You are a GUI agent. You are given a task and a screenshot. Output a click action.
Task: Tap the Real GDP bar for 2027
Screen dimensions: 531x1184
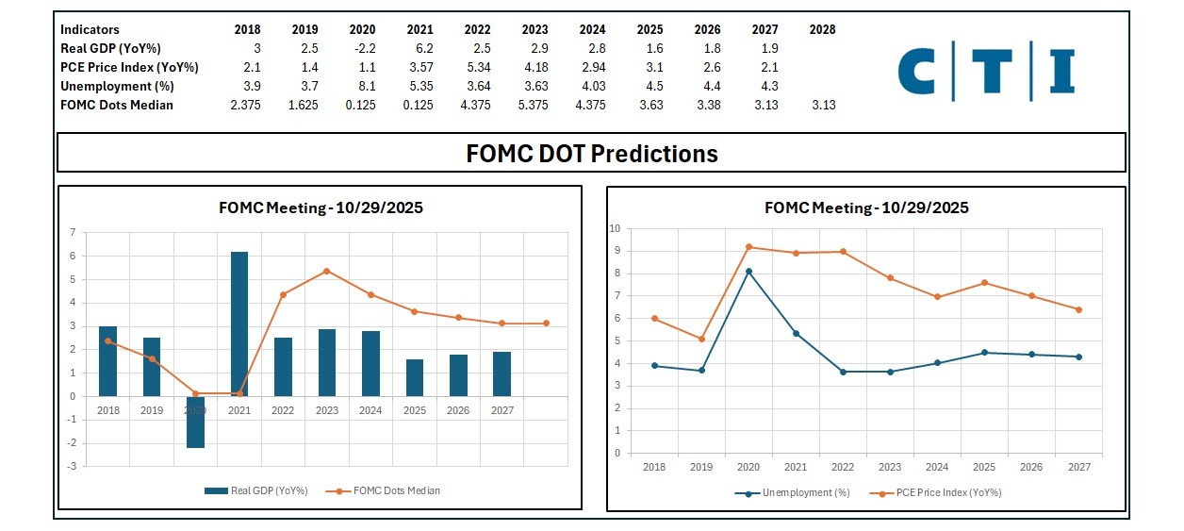502,373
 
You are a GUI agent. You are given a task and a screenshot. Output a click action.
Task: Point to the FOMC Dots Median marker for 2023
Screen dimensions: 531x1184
326,271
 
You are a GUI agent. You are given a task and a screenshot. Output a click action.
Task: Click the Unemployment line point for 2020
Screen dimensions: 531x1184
748,272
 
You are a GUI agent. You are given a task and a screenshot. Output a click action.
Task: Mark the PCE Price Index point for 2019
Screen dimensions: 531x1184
701,339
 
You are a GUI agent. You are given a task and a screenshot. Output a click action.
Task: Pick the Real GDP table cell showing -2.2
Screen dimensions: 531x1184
363,48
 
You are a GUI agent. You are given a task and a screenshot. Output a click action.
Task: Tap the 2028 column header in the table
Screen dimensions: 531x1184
822,29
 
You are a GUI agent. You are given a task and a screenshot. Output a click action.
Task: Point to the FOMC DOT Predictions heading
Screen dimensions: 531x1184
592,153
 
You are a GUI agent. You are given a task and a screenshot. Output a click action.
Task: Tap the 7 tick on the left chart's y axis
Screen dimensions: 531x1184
73,232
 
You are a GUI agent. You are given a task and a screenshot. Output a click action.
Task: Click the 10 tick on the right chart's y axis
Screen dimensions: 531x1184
617,228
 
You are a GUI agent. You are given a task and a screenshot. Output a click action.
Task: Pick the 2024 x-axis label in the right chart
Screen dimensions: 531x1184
936,466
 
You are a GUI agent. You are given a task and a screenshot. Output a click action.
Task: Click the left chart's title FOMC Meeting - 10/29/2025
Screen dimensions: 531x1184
321,207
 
